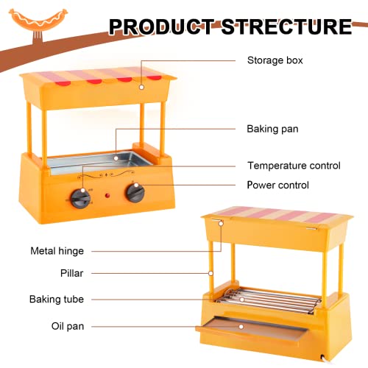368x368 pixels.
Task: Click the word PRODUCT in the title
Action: [162, 26]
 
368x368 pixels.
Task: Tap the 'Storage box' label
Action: [275, 60]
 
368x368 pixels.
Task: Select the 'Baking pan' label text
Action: [272, 129]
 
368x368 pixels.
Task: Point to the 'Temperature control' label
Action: [294, 166]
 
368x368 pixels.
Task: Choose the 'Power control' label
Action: [277, 185]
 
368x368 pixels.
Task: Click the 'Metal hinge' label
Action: [57, 251]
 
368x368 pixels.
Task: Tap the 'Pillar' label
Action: [71, 273]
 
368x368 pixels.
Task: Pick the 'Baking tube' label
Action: [57, 300]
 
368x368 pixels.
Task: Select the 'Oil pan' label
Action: [68, 326]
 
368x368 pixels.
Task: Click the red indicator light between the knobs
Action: [107, 196]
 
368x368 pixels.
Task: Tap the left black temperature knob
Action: [80, 198]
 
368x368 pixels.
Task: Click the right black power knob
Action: [135, 193]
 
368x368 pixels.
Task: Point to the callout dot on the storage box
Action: [141, 87]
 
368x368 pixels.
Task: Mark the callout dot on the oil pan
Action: [241, 327]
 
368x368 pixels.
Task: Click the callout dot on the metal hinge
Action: [221, 224]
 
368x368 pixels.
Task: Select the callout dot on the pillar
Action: [210, 273]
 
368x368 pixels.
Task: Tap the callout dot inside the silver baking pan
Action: [116, 158]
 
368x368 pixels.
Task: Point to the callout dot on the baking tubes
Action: [242, 300]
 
